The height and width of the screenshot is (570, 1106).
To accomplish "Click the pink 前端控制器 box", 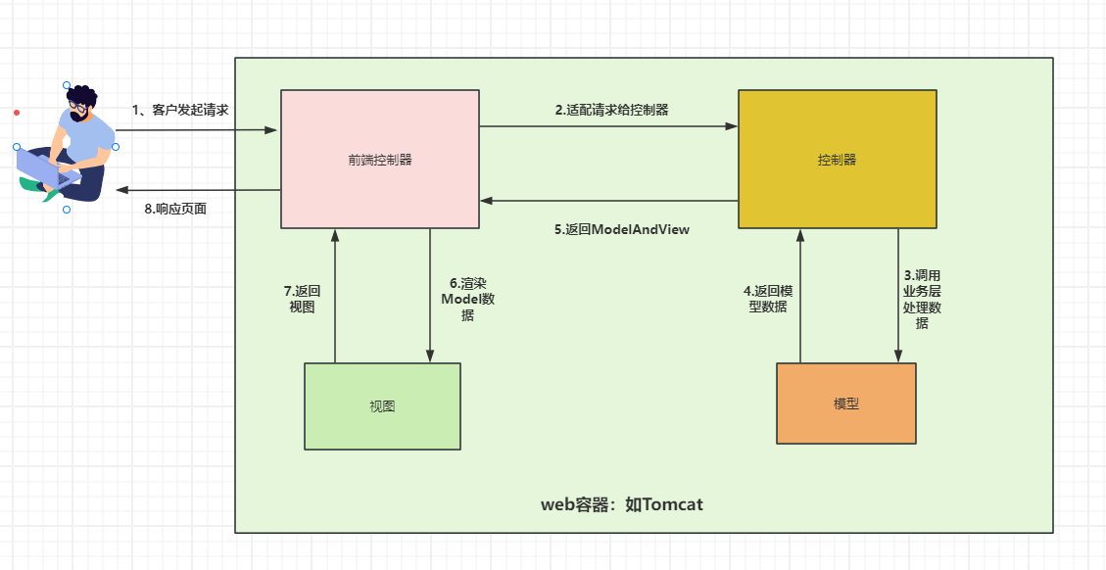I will click(x=380, y=160).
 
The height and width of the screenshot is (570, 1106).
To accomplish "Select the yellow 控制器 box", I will click(x=837, y=160).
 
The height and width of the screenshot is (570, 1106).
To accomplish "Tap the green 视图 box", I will click(x=382, y=406).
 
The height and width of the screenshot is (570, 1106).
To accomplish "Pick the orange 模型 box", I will click(x=845, y=404).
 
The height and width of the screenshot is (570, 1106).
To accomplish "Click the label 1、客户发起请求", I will click(x=180, y=110).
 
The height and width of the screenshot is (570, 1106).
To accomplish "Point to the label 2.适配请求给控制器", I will click(x=611, y=110).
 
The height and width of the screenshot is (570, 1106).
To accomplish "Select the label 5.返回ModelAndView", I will click(x=621, y=230).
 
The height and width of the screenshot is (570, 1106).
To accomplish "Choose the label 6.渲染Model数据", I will click(x=467, y=299).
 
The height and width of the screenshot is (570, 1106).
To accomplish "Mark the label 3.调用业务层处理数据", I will click(x=921, y=299).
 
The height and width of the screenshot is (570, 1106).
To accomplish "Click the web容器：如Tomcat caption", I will click(x=621, y=505).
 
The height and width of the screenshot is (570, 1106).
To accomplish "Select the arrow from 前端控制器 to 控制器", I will click(x=607, y=126).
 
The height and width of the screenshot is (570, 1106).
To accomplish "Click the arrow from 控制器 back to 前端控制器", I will click(x=607, y=201).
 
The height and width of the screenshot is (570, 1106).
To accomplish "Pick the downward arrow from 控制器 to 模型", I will click(x=898, y=294).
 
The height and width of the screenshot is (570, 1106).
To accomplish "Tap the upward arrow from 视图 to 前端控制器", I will click(x=335, y=294).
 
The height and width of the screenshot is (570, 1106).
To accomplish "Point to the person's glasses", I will click(x=77, y=103).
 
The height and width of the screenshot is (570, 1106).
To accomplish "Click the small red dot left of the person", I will click(x=17, y=113).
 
